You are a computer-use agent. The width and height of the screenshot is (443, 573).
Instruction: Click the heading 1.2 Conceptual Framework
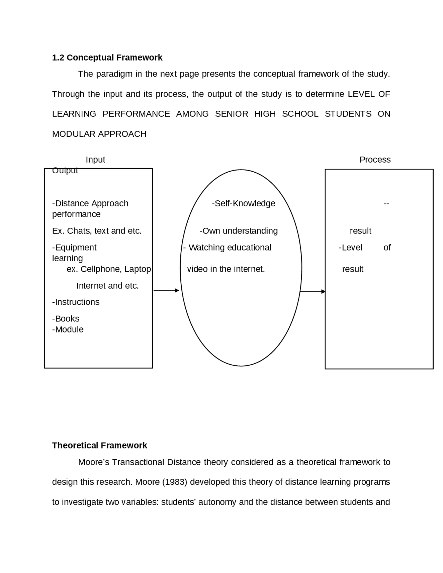[x=107, y=57]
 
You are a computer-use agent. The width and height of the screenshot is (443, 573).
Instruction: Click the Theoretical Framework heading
[x=99, y=445]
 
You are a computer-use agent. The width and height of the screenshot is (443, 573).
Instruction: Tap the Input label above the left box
[x=95, y=160]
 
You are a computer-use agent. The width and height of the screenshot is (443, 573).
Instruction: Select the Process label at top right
[x=375, y=160]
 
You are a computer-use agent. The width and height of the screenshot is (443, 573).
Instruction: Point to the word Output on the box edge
[x=65, y=171]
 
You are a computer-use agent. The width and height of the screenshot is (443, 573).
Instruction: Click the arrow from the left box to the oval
[x=166, y=290]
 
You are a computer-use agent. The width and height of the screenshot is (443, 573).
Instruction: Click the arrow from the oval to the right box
[x=313, y=291]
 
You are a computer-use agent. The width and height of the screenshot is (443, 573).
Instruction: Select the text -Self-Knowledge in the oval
[x=243, y=203]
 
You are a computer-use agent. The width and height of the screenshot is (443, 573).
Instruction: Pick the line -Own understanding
[x=238, y=231]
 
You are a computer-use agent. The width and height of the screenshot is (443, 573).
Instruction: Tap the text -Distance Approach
[x=90, y=203]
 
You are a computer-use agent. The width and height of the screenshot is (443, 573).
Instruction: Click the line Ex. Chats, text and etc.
[x=97, y=231]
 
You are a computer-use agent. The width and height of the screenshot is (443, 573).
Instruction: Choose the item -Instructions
[x=76, y=302]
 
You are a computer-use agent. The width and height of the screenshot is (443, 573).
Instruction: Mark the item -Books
[x=66, y=319]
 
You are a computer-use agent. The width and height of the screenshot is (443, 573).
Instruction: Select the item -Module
[x=68, y=329]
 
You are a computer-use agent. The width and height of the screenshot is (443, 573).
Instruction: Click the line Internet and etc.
[x=107, y=286]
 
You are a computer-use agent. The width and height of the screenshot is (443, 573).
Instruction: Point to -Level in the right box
[x=351, y=247]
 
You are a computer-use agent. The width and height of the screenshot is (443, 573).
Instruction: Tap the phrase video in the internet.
[x=226, y=269]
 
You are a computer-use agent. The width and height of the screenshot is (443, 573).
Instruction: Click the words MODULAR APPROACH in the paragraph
[x=99, y=134]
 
